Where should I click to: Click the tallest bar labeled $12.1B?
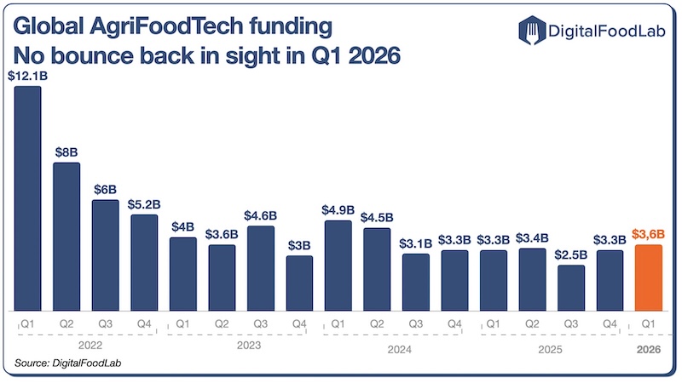pos(28,198)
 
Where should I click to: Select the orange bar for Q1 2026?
pos(648,277)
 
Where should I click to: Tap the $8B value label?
pos(66,151)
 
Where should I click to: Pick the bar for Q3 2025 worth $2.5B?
pos(570,288)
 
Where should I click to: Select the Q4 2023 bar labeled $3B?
pos(299,283)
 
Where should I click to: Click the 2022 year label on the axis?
pos(85,347)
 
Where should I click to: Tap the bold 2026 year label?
pos(648,347)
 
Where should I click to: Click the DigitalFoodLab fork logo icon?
pos(530,31)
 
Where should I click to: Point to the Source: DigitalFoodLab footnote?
pos(61,364)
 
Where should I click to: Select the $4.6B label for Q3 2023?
pos(260,215)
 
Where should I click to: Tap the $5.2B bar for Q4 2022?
pos(144,262)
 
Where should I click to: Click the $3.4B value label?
pos(532,237)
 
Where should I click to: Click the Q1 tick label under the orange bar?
pos(648,324)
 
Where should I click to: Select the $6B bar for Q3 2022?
pos(106,255)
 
